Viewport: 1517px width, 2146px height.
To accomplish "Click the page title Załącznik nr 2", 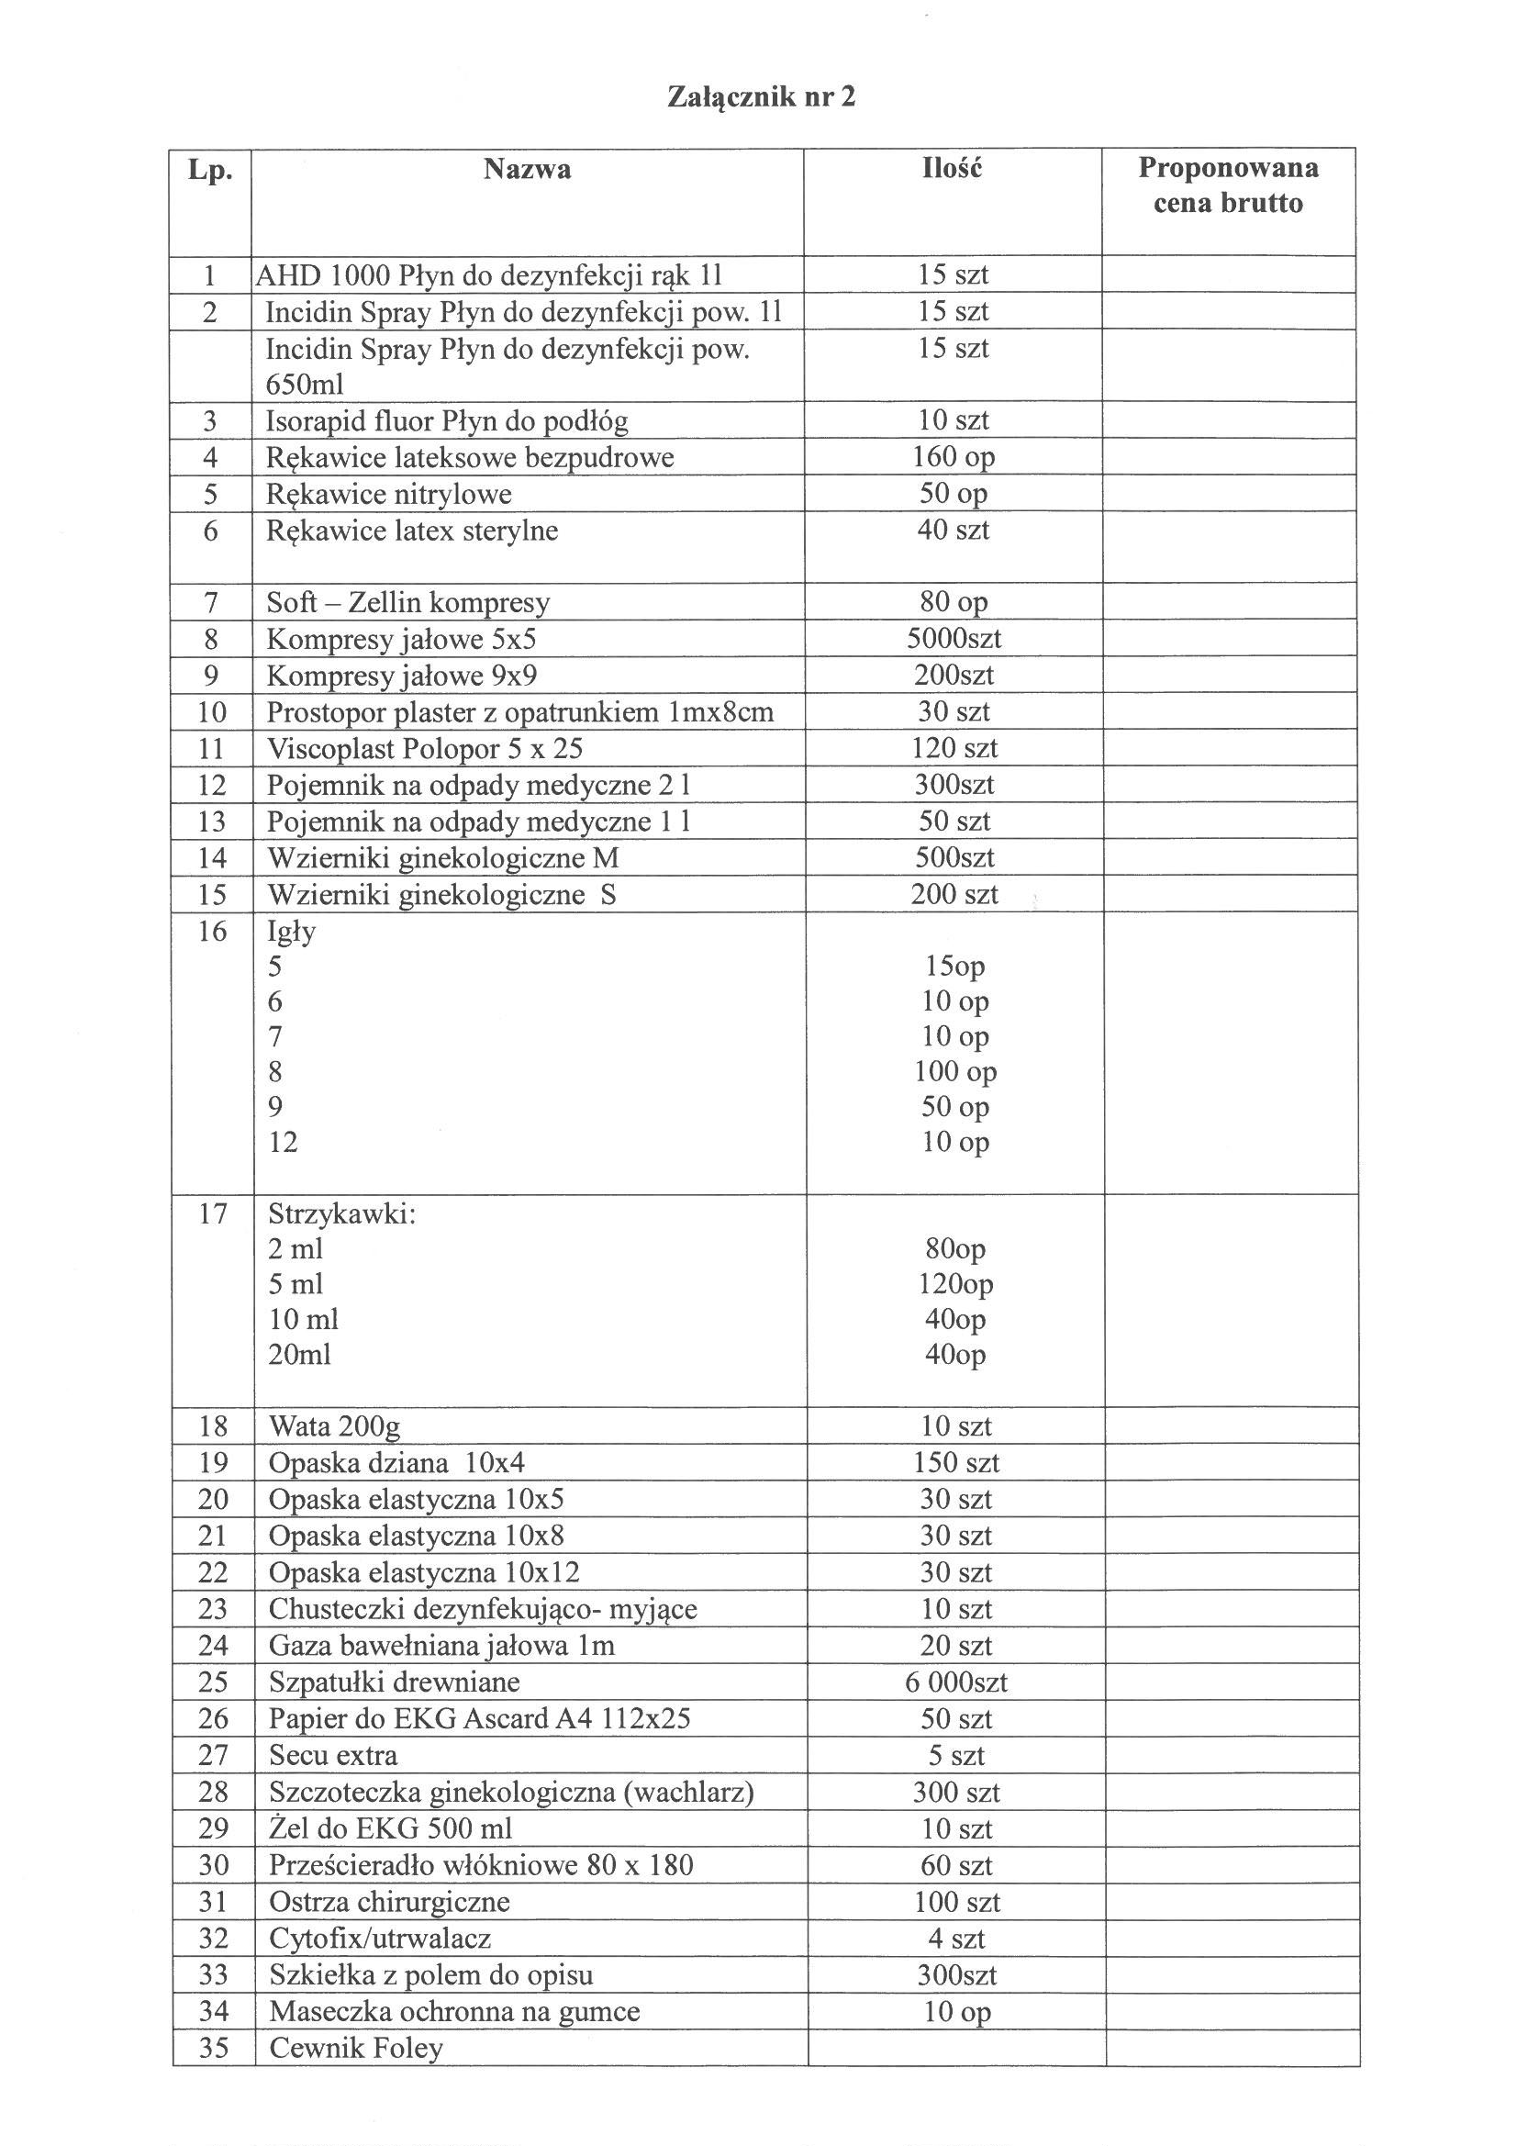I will click(x=761, y=97).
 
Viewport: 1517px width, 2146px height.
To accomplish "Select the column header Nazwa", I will click(x=527, y=169).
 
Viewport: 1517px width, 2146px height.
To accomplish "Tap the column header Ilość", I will click(x=953, y=169).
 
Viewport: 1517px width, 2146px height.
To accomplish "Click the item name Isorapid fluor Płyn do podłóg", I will click(x=447, y=421).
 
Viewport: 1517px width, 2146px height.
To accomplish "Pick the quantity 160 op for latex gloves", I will click(x=954, y=457).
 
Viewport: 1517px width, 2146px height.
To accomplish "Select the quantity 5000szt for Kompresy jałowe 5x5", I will click(x=954, y=640).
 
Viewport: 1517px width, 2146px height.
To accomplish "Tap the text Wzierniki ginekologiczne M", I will click(x=443, y=858).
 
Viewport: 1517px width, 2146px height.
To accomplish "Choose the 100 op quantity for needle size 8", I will click(x=955, y=1071).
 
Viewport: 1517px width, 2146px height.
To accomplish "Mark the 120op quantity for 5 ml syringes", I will click(x=955, y=1284).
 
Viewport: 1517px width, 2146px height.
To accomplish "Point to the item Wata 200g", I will click(x=334, y=1426).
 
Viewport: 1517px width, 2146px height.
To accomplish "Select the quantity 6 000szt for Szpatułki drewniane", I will click(x=956, y=1682).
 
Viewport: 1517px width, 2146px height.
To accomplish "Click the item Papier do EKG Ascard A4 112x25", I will click(x=479, y=1719).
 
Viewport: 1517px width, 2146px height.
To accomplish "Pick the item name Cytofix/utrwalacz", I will click(x=380, y=1939).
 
